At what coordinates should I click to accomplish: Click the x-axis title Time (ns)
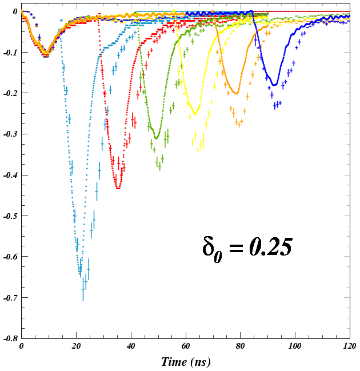coord(186,361)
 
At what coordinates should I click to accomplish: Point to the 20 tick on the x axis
coord(76,346)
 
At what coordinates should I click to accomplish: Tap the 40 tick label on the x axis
coord(131,346)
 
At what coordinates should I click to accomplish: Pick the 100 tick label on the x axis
coord(295,346)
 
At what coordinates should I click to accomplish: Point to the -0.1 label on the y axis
coord(11,52)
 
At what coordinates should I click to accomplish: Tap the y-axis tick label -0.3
coord(11,134)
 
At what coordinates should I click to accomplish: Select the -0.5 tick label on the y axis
coord(11,216)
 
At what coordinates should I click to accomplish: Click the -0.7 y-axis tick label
coord(11,298)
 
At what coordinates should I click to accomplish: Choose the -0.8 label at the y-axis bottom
coord(11,338)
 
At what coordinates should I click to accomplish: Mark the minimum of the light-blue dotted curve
coord(80,276)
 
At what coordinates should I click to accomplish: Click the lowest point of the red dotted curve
coord(118,188)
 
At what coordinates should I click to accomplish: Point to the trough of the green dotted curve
coord(156,138)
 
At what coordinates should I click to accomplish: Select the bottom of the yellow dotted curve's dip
coord(195,114)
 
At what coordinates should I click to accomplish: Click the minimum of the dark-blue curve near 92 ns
coord(274,85)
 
